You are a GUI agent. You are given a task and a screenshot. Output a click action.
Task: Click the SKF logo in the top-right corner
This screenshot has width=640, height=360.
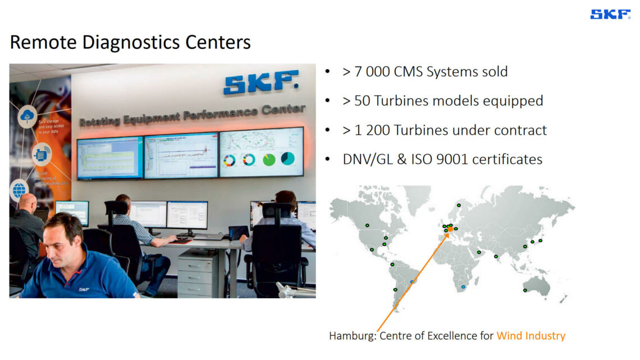coord(610,15)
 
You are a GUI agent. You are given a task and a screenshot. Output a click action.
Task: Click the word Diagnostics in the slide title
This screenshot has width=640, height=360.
coord(131,42)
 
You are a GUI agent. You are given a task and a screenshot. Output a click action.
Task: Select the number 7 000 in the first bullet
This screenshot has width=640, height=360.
coord(371,72)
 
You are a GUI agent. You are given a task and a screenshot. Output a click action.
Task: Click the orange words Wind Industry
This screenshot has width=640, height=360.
coord(531,336)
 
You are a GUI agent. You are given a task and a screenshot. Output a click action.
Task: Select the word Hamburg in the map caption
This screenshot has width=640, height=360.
coord(351,336)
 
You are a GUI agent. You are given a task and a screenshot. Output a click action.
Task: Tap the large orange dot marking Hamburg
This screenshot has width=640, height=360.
coord(450,229)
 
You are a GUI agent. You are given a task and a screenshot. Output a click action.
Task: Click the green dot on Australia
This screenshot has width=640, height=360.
coord(525,290)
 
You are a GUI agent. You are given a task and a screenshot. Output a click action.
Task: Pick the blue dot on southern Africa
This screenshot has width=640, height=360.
coord(463,287)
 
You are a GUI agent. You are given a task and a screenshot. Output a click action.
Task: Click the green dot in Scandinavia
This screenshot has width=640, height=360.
coord(460,206)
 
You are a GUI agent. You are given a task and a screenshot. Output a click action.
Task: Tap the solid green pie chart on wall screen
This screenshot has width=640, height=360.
coord(269,160)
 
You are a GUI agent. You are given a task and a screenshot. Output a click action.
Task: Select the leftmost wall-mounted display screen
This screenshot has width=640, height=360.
coord(109,158)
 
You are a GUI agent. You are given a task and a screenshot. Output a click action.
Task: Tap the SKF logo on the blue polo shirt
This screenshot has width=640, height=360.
coord(84,289)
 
